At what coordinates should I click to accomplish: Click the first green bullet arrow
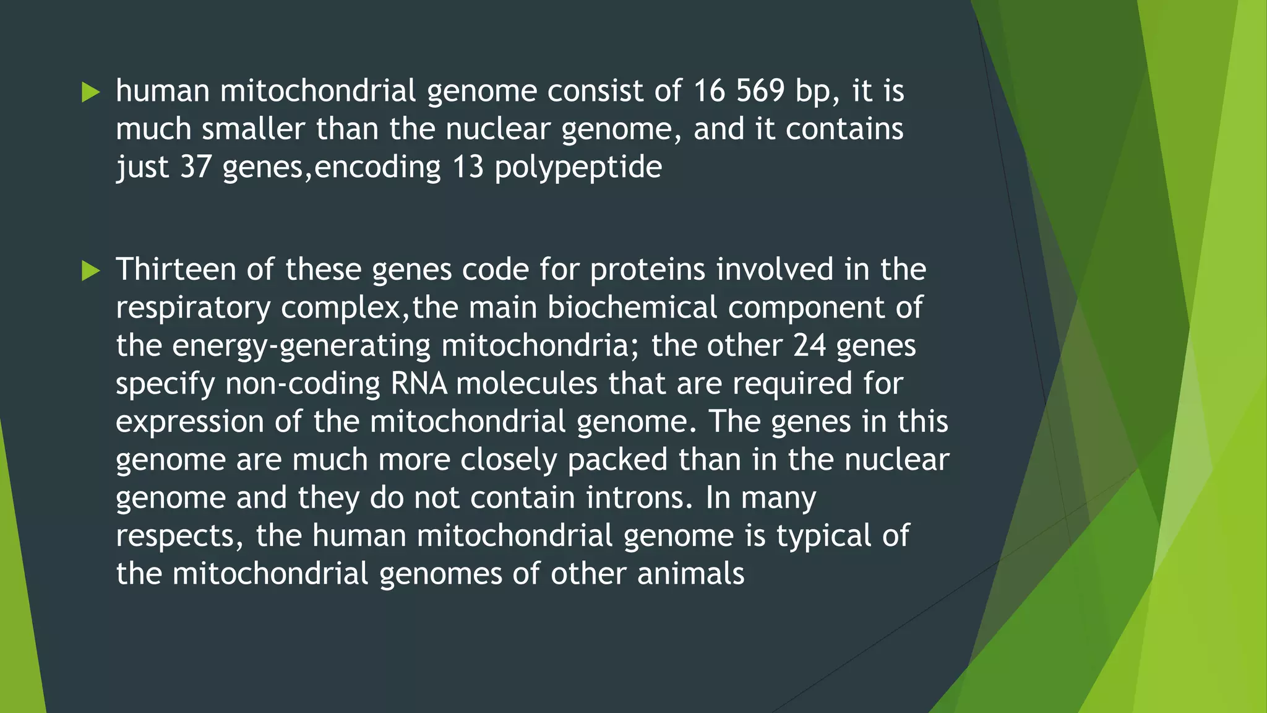coord(91,93)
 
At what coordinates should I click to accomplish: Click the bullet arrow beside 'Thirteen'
coord(91,271)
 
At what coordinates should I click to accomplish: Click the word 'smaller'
coord(254,129)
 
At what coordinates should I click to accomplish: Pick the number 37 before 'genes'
coord(195,167)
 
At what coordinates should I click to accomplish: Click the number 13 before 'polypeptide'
coord(468,167)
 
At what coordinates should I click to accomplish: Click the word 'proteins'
coord(647,270)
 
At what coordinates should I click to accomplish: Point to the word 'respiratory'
coord(193,308)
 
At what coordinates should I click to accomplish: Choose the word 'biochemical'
coord(632,308)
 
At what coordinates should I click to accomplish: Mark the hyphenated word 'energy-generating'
coord(301,346)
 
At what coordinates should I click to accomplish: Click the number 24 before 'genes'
coord(809,345)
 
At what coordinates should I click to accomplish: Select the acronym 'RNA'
coord(419,384)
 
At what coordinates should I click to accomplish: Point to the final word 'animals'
coord(690,574)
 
